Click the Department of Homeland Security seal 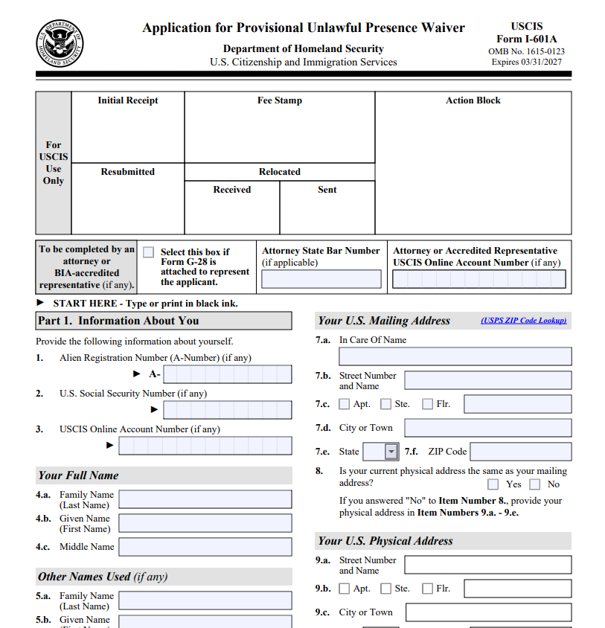click(60, 44)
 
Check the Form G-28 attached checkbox click(149, 252)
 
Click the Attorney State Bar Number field click(321, 280)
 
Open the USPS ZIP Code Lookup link click(524, 321)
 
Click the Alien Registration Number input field click(227, 374)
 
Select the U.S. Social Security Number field click(227, 409)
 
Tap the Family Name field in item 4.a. click(205, 499)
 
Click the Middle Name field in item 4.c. click(205, 547)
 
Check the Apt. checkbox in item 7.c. click(345, 404)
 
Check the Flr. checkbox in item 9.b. click(427, 589)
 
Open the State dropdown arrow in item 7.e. click(391, 452)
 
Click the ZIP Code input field click(521, 452)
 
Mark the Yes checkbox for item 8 click(493, 484)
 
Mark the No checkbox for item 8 click(535, 484)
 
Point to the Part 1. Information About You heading click(118, 321)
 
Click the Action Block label click(473, 100)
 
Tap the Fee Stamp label click(280, 100)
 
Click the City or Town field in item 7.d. click(487, 428)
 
